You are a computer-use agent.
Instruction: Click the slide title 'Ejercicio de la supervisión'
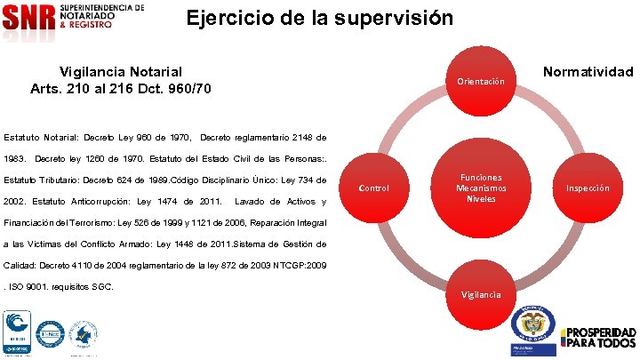pos(319,19)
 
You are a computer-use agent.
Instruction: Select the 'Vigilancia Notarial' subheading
pos(121,71)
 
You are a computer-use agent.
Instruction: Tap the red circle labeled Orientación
pos(480,82)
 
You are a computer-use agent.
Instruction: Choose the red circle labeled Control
pos(373,188)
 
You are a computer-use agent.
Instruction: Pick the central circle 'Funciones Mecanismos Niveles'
pos(480,188)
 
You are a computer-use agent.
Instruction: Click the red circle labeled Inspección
pos(588,188)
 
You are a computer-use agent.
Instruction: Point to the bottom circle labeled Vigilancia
pos(480,294)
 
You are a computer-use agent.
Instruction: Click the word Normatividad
pos(588,71)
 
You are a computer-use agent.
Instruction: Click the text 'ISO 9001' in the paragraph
pos(28,287)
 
